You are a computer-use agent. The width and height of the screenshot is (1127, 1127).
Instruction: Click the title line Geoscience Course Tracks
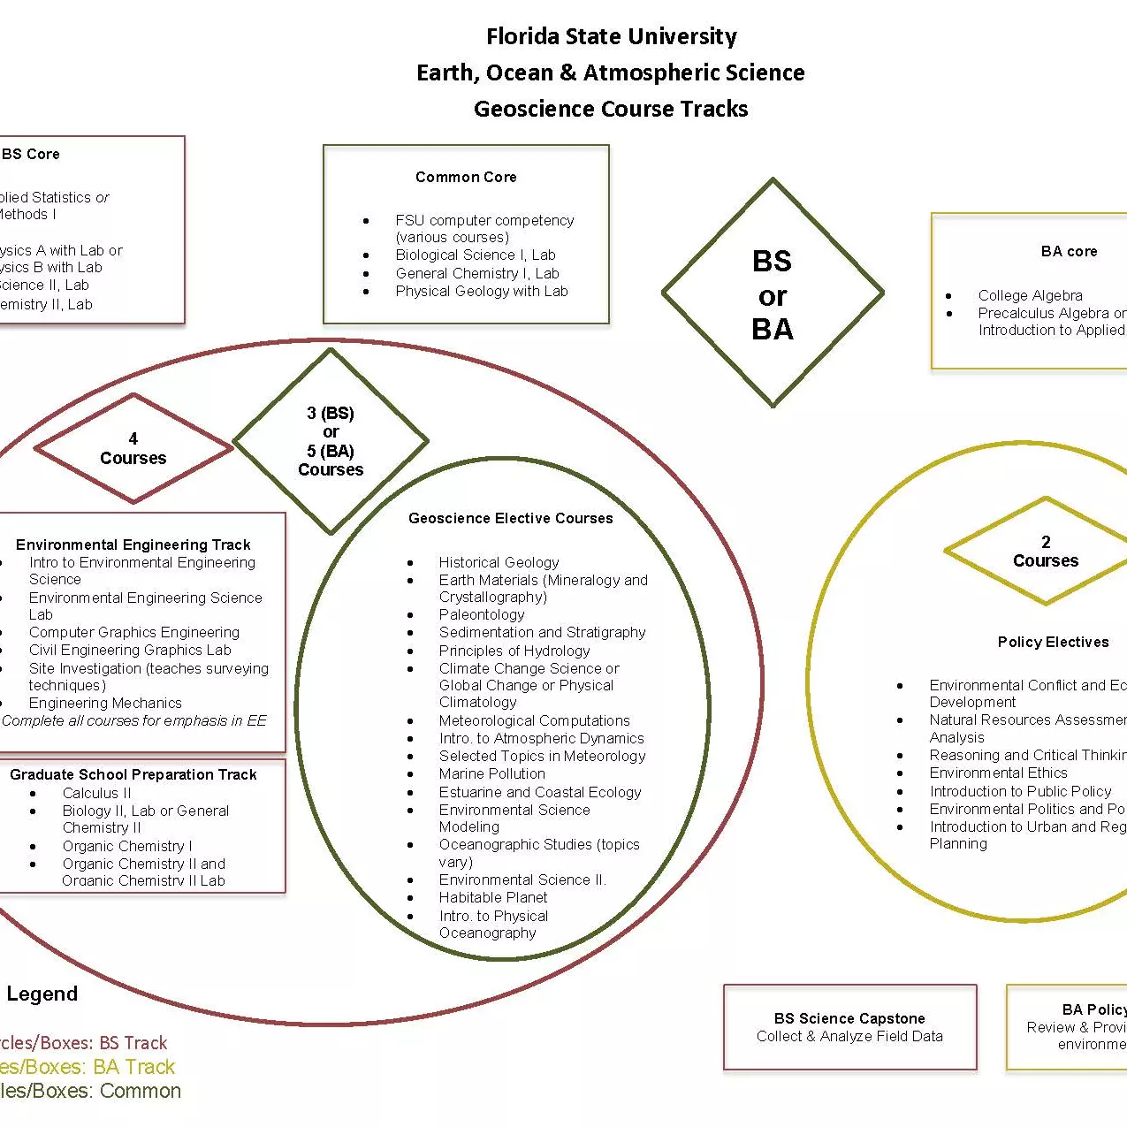point(611,109)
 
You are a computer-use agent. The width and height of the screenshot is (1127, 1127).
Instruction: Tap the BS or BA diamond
point(773,294)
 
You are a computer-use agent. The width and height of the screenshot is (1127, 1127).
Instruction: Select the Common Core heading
point(466,177)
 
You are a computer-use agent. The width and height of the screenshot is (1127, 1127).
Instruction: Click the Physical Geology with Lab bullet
point(481,291)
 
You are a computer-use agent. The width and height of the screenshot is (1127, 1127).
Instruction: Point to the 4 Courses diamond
point(133,449)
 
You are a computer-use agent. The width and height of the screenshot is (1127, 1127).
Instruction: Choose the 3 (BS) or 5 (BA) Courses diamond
point(331,441)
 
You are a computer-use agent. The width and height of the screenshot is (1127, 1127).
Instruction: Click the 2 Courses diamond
point(1046,552)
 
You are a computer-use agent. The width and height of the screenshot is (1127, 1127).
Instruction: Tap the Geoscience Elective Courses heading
point(510,518)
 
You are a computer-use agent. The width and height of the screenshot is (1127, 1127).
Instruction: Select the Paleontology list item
point(482,614)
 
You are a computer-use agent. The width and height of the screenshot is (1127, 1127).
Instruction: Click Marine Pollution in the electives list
point(491,773)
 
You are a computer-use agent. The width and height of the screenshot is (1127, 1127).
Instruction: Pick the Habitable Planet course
point(493,897)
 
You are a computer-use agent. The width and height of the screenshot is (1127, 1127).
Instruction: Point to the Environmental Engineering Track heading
point(133,544)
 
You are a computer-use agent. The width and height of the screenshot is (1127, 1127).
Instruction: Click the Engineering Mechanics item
point(105,703)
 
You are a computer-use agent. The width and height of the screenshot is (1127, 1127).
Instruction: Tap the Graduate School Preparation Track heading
point(133,774)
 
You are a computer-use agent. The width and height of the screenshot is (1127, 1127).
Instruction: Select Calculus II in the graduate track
point(96,793)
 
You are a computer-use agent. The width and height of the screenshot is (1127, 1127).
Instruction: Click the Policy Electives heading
point(1053,642)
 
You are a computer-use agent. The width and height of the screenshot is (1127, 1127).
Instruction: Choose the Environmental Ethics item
point(998,773)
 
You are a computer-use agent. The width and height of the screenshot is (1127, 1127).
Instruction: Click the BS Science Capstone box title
point(849,1018)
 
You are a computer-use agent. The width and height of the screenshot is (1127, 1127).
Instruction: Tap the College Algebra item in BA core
point(1030,295)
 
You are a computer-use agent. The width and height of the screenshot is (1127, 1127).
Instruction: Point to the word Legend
point(42,994)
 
